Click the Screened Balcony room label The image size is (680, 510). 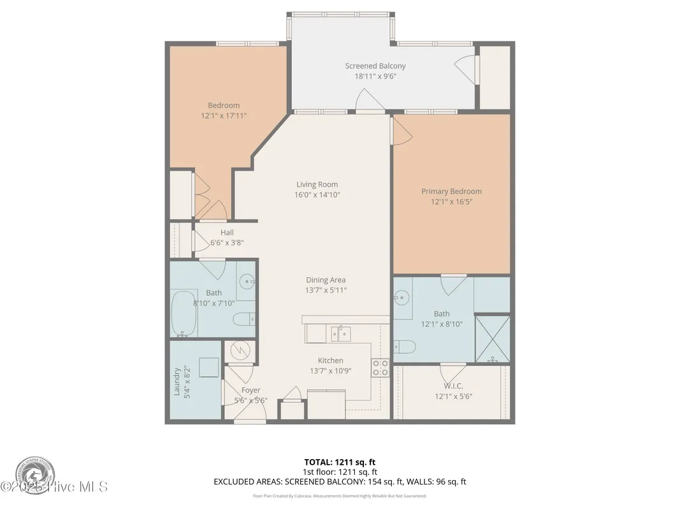[375, 66]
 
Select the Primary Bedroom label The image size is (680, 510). [451, 191]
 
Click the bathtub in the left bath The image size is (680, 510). [184, 314]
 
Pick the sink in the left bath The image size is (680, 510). [247, 280]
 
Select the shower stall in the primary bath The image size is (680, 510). [492, 339]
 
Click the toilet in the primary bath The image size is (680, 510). [405, 347]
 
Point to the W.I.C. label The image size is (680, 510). [453, 386]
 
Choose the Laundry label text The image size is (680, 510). [178, 381]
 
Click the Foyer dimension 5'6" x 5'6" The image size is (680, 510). [250, 401]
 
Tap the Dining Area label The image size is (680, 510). [326, 280]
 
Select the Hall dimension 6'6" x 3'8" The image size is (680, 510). [227, 243]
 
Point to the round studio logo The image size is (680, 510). [35, 475]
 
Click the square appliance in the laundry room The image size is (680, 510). [208, 367]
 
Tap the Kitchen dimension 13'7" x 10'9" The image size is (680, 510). [330, 370]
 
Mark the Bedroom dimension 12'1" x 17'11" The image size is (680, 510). [224, 116]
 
